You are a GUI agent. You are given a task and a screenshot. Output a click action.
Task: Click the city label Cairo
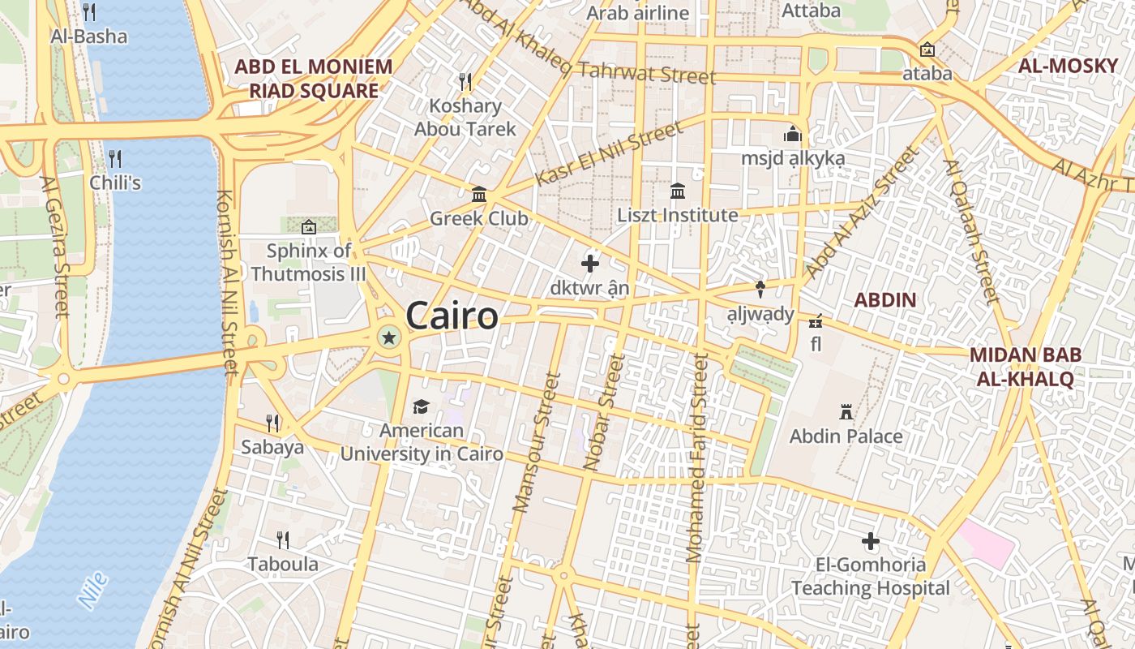[452, 316]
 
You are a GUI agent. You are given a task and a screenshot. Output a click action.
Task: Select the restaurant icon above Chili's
[115, 158]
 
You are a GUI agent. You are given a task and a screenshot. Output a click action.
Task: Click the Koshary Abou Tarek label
[465, 117]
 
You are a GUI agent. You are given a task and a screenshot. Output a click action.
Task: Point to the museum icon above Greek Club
[479, 195]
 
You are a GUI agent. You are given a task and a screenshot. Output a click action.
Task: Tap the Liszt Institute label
[678, 215]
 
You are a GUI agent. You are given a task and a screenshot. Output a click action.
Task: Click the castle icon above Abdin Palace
[846, 412]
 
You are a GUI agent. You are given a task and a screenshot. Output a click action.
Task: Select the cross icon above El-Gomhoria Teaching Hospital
[871, 541]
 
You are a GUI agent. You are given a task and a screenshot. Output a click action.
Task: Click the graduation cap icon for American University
[421, 406]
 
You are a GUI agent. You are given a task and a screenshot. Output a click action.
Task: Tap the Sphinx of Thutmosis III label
[309, 262]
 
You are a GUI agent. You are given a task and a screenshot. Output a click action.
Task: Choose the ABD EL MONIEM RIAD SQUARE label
[313, 79]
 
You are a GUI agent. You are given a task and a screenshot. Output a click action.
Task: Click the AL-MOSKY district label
[1068, 67]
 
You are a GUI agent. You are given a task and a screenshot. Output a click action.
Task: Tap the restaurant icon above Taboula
[282, 539]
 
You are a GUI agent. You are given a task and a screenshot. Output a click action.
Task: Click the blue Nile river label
[94, 591]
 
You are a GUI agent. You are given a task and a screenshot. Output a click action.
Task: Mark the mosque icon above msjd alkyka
[792, 135]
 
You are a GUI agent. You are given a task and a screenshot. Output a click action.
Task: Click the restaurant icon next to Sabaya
[273, 423]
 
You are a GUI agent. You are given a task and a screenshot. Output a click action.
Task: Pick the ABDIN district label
[885, 300]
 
